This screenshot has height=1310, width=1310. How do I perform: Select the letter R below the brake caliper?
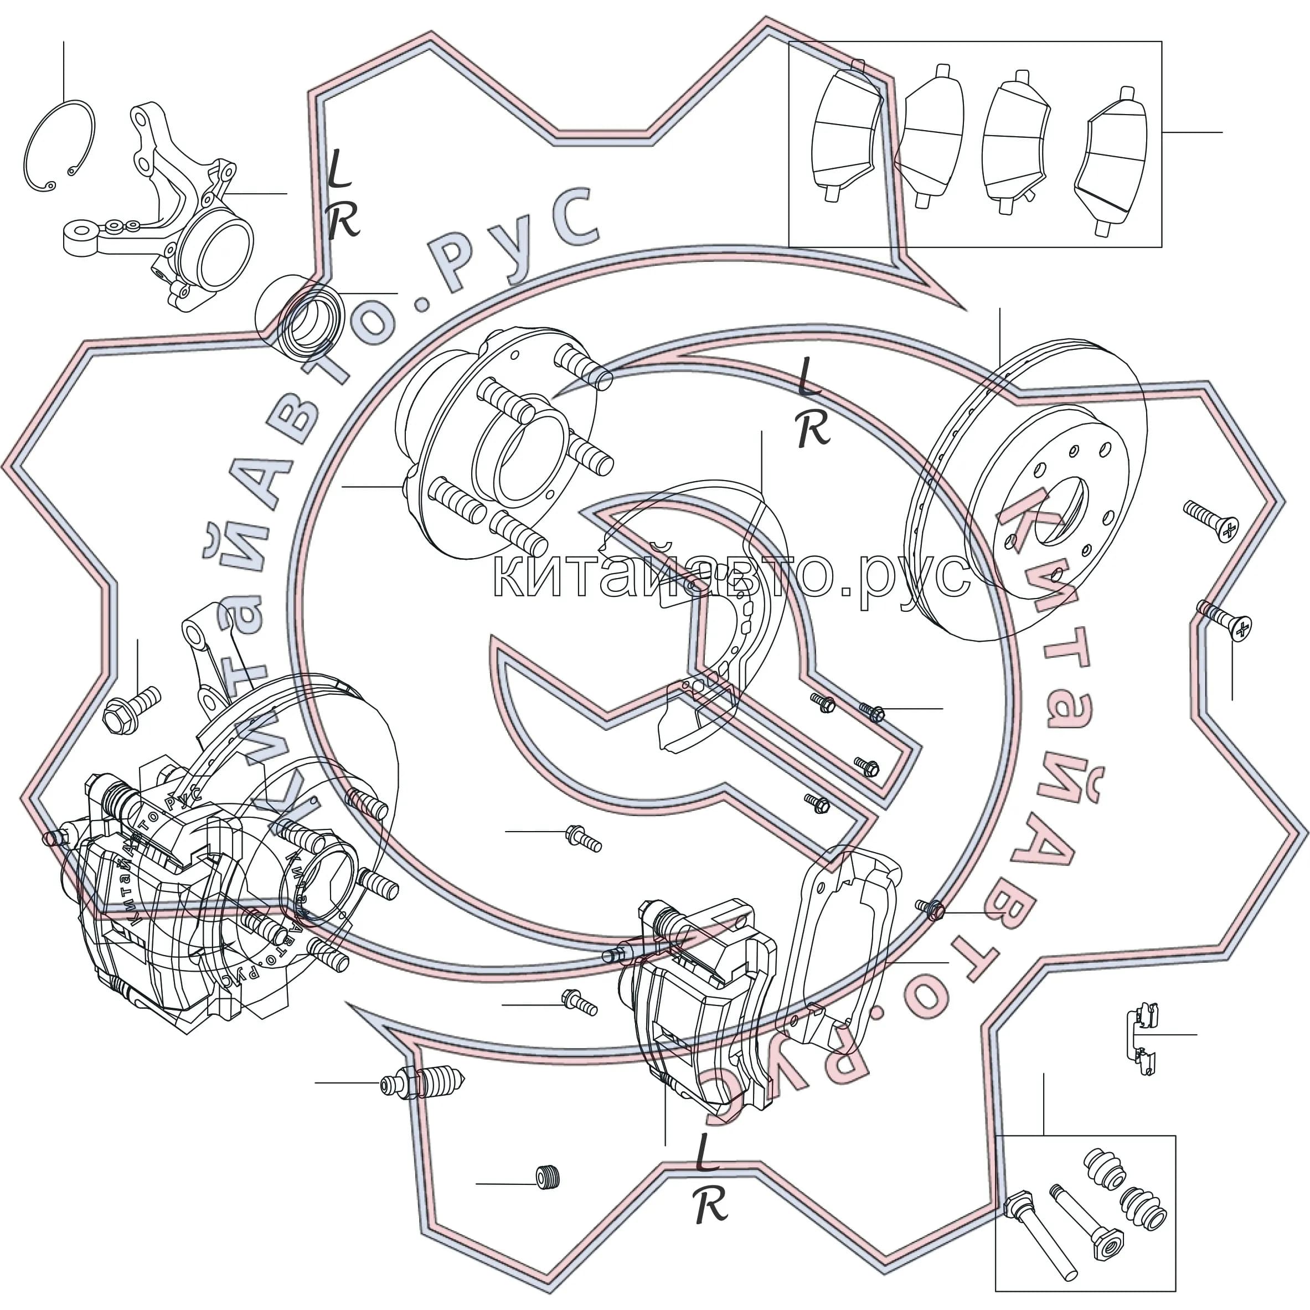[710, 1205]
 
